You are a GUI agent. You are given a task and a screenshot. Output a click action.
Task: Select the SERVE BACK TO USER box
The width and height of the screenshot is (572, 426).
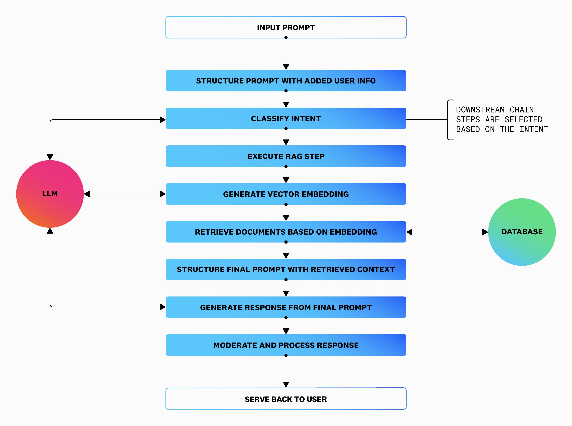pos(286,399)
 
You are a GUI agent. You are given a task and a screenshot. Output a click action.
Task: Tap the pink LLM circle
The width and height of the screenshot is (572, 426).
pos(50,194)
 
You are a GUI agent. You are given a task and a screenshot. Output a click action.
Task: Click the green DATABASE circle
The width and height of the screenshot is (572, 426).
pos(522,232)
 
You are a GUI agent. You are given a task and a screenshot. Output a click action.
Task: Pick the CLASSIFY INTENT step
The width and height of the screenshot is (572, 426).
pos(286,119)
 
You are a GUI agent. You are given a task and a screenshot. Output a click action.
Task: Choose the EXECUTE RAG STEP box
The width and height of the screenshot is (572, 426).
pos(286,156)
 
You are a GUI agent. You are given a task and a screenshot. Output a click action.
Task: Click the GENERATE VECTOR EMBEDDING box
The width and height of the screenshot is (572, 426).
pos(286,194)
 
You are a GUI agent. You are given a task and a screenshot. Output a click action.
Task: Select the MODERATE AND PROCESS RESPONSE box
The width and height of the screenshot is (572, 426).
pos(286,345)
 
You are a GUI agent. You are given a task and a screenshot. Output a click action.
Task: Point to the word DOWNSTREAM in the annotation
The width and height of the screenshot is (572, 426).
pos(480,110)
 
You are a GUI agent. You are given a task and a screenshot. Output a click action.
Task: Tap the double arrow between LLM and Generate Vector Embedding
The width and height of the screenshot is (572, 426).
pos(125,194)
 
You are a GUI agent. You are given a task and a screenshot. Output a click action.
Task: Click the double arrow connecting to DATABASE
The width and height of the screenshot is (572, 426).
pos(447,232)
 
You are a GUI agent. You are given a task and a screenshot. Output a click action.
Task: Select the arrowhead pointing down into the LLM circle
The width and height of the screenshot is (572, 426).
pos(50,157)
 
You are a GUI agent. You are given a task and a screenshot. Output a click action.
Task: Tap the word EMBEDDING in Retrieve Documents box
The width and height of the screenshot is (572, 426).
pos(353,232)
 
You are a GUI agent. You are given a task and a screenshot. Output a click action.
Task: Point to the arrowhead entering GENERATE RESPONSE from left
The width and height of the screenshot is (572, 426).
pos(163,307)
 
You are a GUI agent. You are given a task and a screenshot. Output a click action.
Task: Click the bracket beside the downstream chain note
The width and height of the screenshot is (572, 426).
pos(449,120)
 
